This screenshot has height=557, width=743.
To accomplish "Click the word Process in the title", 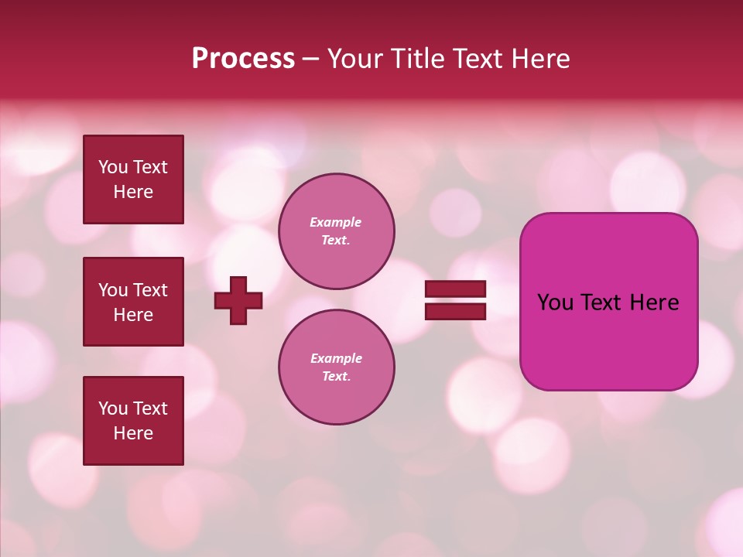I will pos(243,59).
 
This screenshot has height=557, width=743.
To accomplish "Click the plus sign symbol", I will pos(238,300).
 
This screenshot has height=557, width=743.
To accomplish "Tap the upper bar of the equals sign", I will pos(455,289).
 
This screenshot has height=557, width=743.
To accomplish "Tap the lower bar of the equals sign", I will pos(455,311).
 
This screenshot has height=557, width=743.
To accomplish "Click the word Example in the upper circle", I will pos(336,222).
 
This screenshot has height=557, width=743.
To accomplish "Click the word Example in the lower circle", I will pos(336,358).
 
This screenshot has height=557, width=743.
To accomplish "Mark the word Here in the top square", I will pos(133,192).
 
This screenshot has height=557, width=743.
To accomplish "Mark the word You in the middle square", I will pos(112,290).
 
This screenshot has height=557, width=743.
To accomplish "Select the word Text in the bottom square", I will pos(150,408).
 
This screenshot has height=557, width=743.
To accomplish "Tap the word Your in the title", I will pos(356,59).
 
